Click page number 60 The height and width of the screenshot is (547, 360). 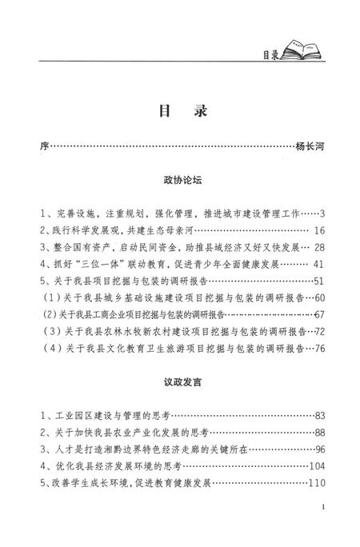tap(319, 301)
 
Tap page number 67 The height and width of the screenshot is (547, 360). tap(319, 317)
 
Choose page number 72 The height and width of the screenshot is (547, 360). tap(319, 333)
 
